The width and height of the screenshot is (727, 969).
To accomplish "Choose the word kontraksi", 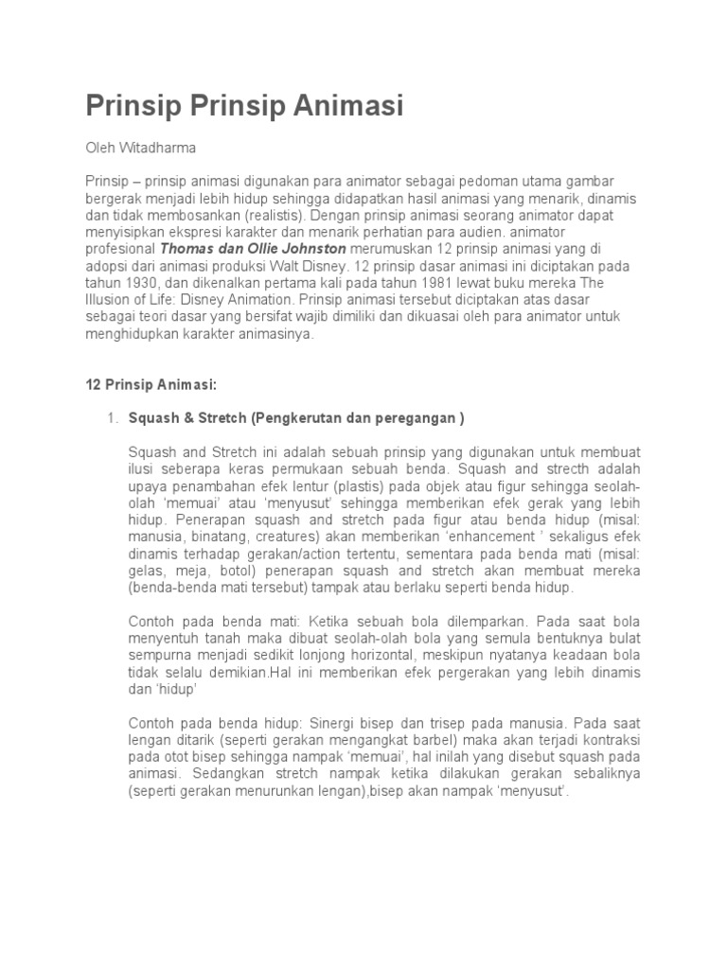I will pyautogui.click(x=610, y=740).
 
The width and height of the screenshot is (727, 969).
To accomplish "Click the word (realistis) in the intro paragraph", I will pyautogui.click(x=282, y=215).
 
